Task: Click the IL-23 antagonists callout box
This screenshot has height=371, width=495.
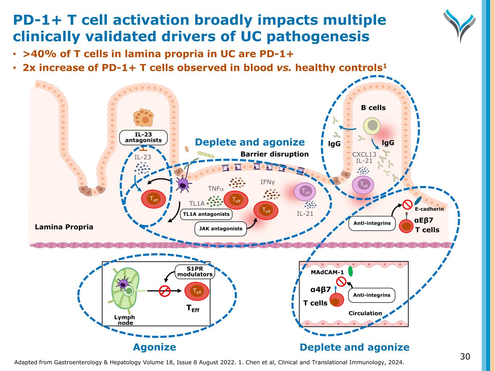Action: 143,137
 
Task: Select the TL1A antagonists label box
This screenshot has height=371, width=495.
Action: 206,214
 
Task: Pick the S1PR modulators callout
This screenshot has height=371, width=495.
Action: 195,271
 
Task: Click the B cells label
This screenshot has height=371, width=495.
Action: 373,108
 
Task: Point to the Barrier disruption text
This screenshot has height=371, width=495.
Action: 275,154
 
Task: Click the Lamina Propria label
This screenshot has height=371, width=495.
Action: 64,227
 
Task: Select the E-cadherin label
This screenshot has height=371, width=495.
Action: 429,209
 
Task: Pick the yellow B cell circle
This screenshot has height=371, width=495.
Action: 372,126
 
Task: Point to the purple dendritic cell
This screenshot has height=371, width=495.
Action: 184,184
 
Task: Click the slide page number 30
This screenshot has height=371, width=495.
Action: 465,357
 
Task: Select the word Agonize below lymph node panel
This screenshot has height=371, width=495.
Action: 154,347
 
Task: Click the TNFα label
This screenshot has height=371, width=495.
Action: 216,189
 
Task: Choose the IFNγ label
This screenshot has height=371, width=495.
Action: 268,182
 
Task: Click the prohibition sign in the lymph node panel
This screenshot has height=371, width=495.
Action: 165,291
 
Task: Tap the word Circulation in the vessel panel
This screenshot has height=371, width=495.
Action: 365,313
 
